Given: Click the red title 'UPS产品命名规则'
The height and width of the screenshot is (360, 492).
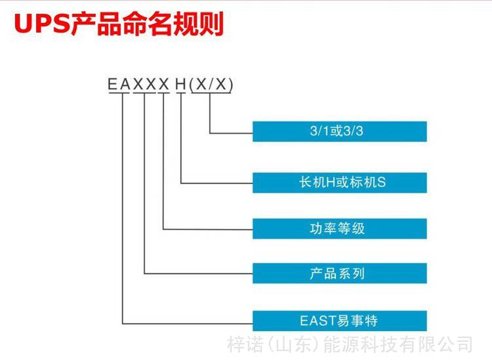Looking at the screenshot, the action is [x=119, y=23].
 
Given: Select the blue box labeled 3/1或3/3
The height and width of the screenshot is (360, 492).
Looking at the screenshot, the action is [x=340, y=131].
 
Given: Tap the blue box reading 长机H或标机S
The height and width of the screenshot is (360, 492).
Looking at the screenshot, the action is [x=340, y=182].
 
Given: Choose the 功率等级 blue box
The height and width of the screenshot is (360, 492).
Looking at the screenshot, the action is [x=340, y=229].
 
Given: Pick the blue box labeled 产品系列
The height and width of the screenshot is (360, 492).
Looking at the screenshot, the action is [x=340, y=273].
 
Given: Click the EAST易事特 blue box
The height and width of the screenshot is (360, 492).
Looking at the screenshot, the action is [x=340, y=321].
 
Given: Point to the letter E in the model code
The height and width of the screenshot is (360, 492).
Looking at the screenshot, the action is [x=112, y=84].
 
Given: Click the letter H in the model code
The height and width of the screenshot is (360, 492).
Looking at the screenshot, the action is [x=181, y=84].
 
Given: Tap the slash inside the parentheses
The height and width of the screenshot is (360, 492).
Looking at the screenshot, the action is [x=211, y=84].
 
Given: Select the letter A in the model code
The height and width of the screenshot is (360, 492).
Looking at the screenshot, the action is [x=125, y=84].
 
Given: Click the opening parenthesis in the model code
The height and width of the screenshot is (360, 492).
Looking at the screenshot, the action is [x=192, y=85].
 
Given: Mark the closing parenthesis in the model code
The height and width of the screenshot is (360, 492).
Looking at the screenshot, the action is [x=231, y=85].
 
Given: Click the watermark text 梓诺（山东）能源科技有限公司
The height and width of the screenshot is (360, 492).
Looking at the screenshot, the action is [x=350, y=344].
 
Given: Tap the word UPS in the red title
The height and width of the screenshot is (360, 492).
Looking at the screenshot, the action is [x=42, y=24].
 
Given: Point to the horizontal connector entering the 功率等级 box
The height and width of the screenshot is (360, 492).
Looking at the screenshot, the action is [x=208, y=230].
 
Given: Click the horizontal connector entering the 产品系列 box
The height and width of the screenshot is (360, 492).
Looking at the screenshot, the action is [x=199, y=273].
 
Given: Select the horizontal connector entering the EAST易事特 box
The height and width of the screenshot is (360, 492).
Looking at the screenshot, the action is [x=188, y=324].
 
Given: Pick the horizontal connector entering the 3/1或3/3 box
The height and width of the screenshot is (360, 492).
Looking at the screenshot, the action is [x=232, y=133].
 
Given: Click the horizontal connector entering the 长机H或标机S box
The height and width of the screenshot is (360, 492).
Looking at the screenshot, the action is [x=217, y=183].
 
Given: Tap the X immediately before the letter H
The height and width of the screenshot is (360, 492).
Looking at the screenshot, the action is [x=164, y=84].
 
